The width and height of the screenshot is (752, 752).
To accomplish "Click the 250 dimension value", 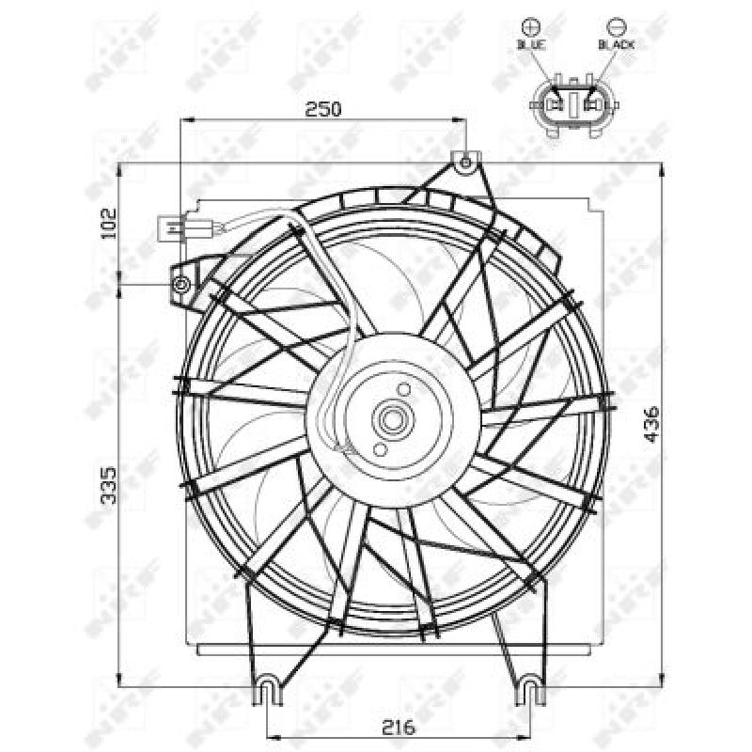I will tap(322, 109).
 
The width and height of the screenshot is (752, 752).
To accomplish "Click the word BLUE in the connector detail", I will tap(531, 44).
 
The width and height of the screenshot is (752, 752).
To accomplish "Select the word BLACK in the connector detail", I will tap(616, 44).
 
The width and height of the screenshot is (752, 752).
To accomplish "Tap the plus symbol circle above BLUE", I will tap(531, 24).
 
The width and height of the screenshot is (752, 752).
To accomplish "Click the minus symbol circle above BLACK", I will tap(616, 24).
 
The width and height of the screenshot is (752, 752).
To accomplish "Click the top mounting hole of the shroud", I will tap(465, 163).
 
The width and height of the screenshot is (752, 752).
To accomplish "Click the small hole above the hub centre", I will tap(403, 388).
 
